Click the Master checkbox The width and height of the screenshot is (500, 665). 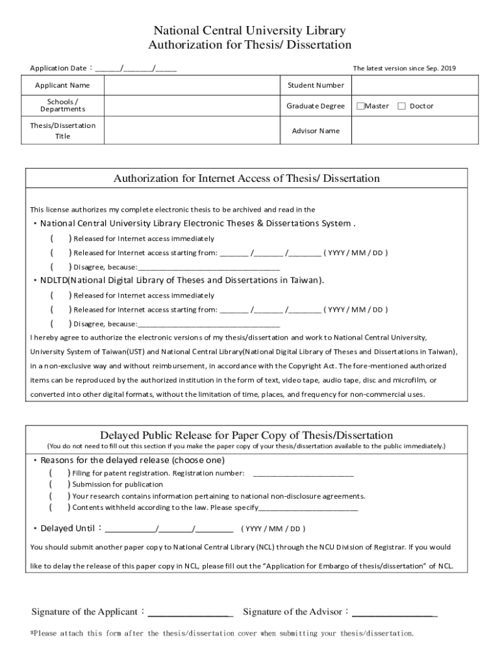point(360,106)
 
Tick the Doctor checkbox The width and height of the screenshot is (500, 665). point(401,106)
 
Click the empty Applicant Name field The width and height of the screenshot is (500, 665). point(192,85)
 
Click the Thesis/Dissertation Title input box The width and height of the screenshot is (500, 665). point(192,131)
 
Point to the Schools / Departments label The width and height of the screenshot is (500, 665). point(62,105)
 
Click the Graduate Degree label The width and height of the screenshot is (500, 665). point(316,106)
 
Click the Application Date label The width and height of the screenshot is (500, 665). point(58,68)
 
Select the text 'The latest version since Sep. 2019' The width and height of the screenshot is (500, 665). point(404,68)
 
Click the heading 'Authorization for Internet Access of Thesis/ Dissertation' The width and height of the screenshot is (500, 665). point(247,179)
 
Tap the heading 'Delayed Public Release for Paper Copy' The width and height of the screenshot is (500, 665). point(246,435)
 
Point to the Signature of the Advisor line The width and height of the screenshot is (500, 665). point(394,612)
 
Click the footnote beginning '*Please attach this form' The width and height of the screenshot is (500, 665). point(222,633)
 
